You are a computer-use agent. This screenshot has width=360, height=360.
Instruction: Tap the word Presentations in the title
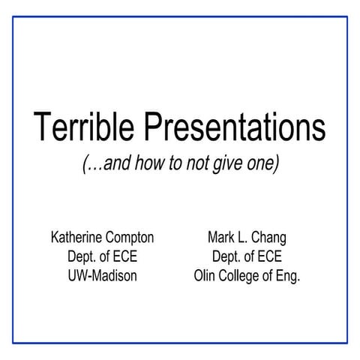click(x=233, y=129)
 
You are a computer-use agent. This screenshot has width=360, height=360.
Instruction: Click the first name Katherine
click(x=76, y=238)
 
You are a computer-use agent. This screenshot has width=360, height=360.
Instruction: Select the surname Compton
click(x=129, y=238)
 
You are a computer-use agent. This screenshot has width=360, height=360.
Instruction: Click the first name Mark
click(x=221, y=238)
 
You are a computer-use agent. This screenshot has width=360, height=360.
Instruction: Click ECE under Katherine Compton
click(x=124, y=256)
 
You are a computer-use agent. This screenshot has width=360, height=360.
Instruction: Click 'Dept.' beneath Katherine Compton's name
click(x=82, y=257)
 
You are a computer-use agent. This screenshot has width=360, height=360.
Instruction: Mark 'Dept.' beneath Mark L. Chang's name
click(x=227, y=257)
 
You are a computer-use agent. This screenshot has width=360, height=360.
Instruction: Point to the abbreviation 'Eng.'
click(x=287, y=276)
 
